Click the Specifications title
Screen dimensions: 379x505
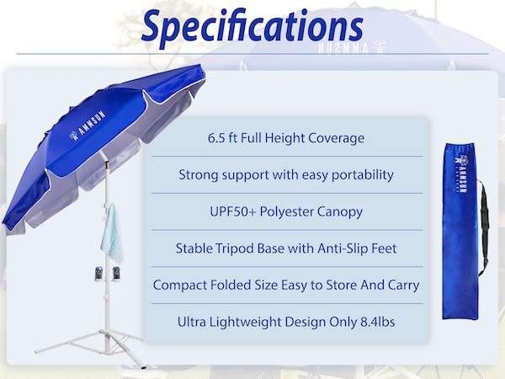(x=252, y=27)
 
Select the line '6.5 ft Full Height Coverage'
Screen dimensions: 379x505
(x=286, y=138)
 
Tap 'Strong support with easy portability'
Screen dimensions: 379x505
(x=286, y=175)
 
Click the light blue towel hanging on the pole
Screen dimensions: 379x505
(x=112, y=236)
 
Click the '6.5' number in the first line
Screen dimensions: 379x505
(x=216, y=138)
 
